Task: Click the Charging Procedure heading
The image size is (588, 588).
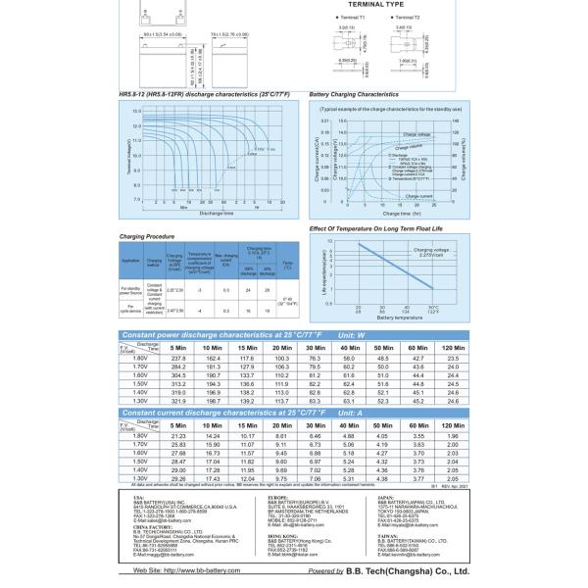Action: (147, 236)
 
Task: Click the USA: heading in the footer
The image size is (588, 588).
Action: (137, 497)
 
